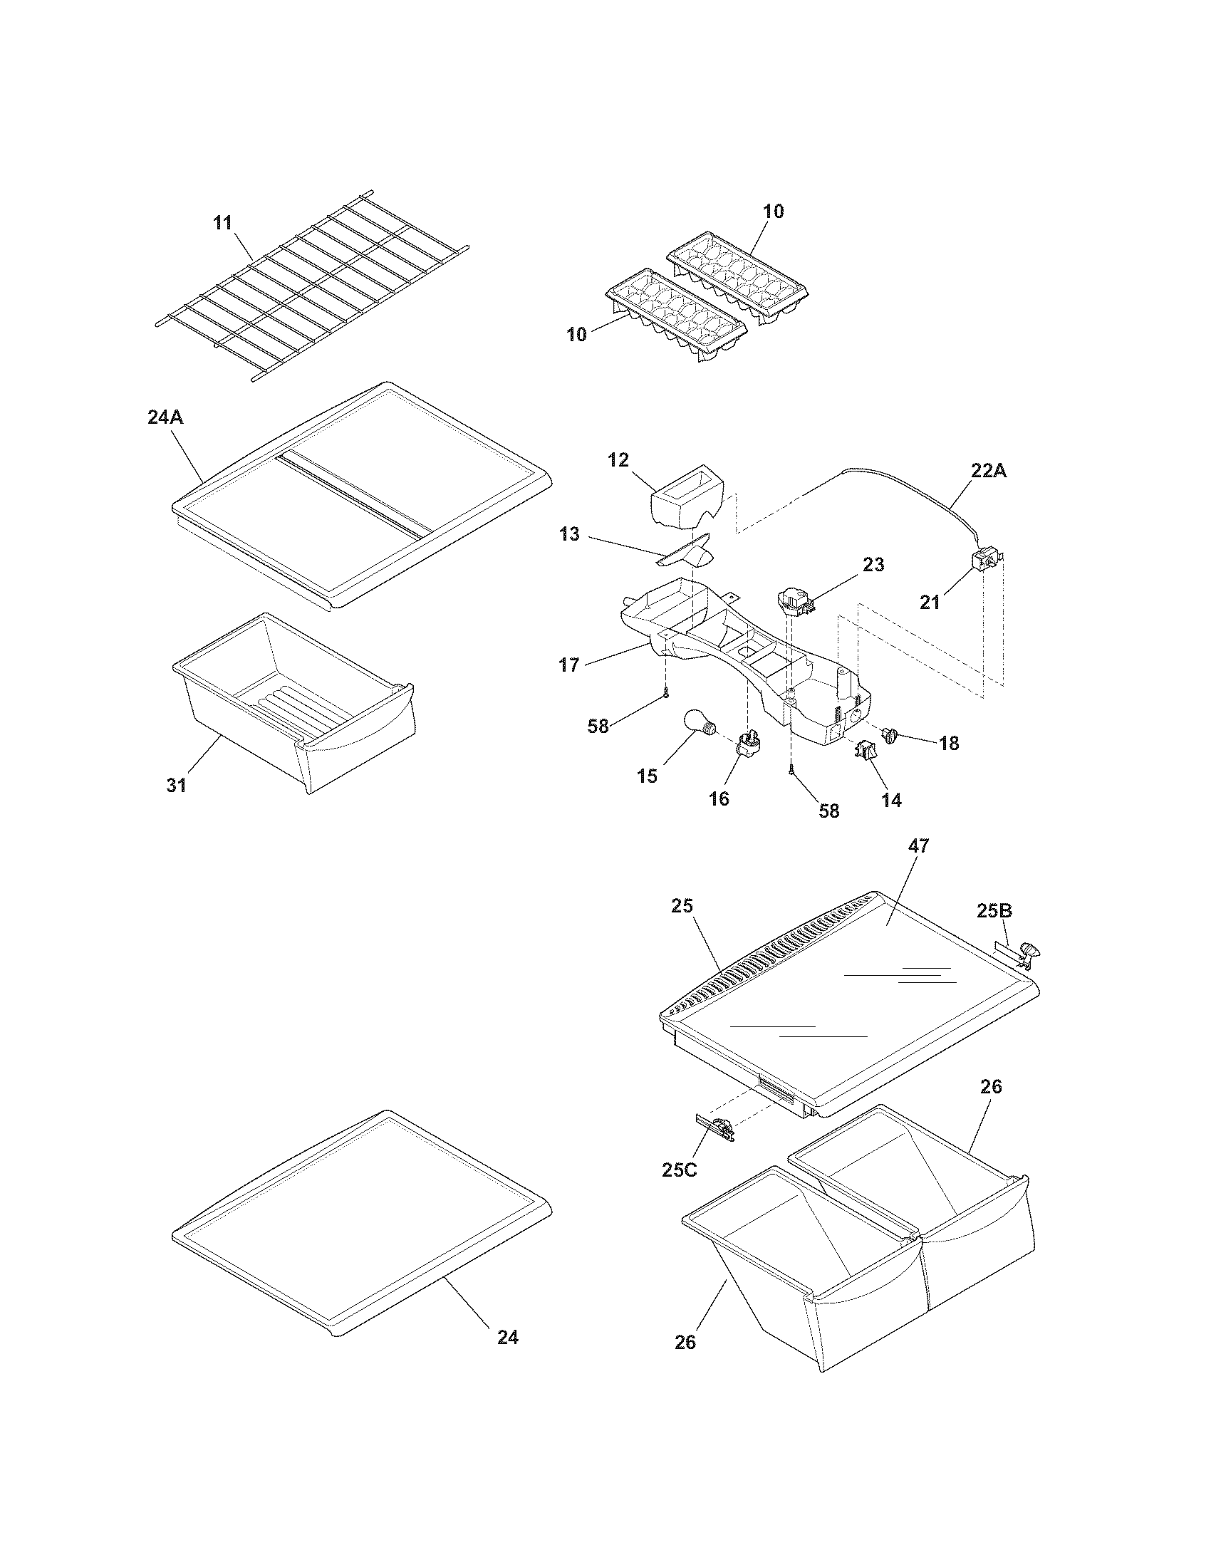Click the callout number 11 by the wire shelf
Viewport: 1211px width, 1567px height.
tap(223, 222)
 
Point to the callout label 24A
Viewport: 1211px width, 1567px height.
tap(165, 417)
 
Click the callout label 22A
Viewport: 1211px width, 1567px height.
tap(989, 472)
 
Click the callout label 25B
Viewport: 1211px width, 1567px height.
tap(994, 910)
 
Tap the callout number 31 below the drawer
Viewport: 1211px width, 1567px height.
tap(177, 785)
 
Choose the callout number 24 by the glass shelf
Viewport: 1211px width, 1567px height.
tap(507, 1337)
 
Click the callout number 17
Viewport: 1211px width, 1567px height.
tap(569, 665)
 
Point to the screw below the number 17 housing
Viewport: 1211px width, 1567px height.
tap(667, 693)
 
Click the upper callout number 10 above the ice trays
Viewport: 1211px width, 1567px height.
tap(774, 211)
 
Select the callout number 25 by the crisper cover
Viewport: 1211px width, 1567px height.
tap(682, 905)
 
